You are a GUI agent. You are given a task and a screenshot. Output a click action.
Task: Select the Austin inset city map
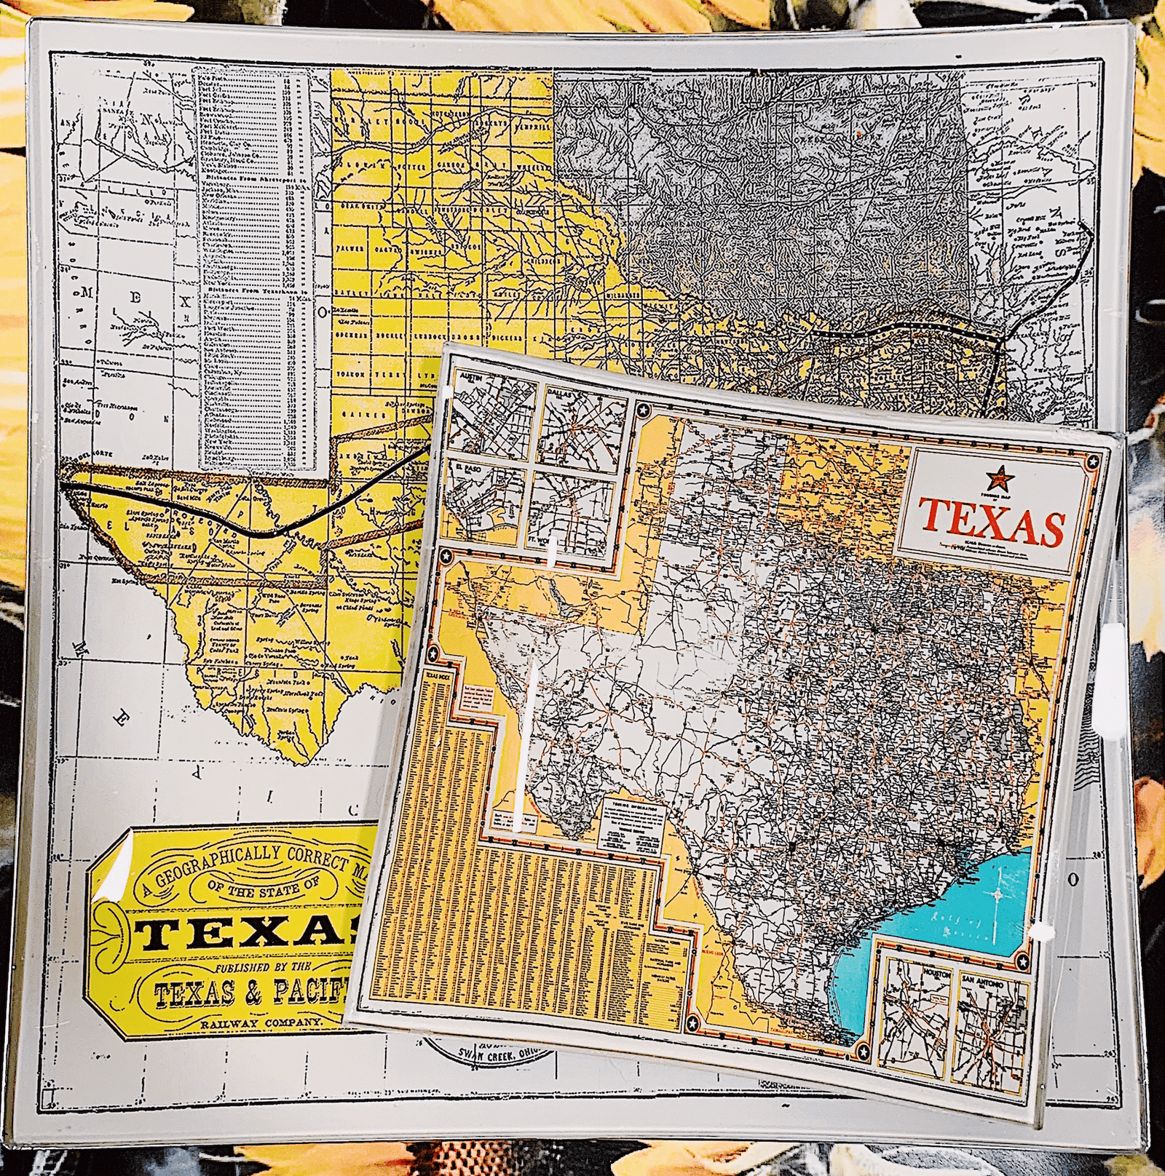pos(493,412)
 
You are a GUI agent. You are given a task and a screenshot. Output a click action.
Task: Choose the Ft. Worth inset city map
pos(576,510)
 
